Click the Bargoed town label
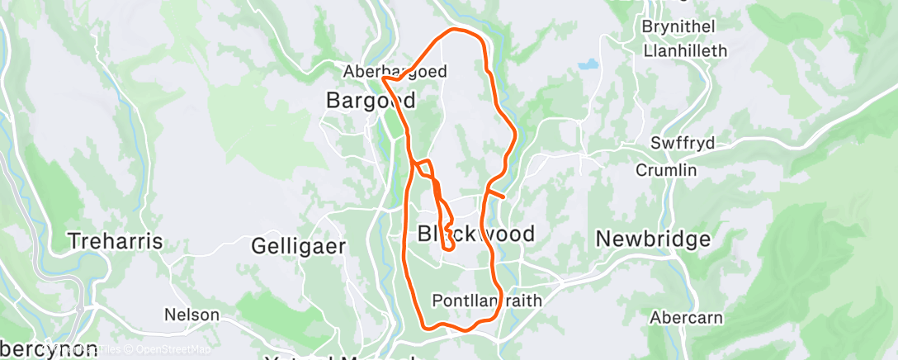tap(371, 101)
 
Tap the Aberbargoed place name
tap(395, 72)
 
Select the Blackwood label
tap(475, 234)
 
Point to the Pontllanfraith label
tap(488, 301)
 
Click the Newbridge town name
tap(653, 239)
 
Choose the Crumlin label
tap(666, 170)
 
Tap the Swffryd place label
tap(682, 142)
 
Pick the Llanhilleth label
tap(684, 50)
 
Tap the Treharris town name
tap(116, 242)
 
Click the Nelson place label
tap(191, 315)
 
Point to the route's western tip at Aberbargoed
tap(384, 79)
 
